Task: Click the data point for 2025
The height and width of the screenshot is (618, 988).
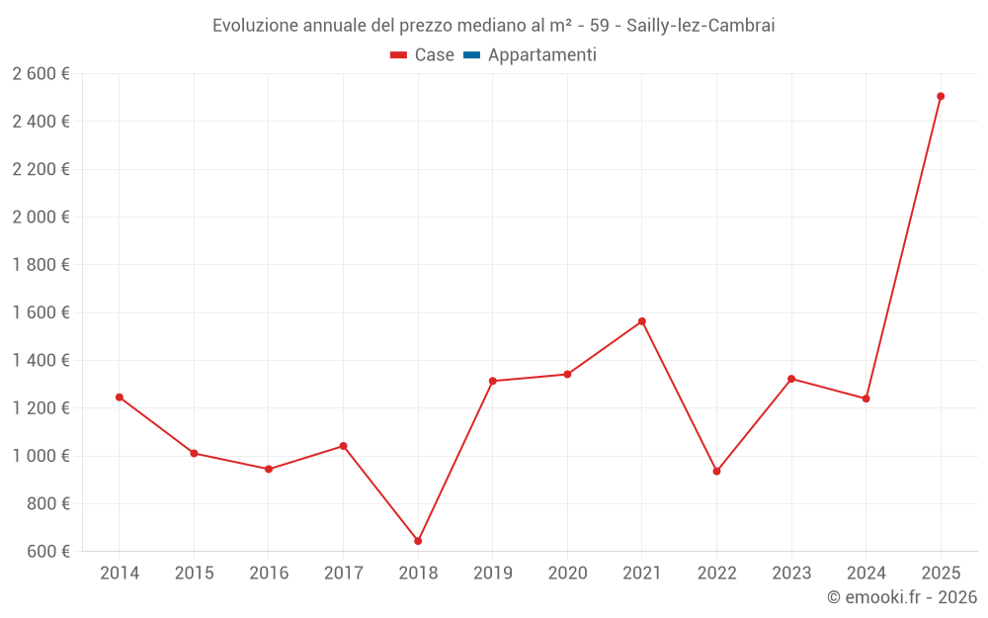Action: [941, 97]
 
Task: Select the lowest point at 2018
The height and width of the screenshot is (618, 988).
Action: [418, 541]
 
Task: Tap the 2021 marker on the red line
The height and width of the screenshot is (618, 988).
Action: [642, 321]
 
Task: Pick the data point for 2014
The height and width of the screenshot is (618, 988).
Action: [120, 397]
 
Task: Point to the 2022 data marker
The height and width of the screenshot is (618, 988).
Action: [716, 471]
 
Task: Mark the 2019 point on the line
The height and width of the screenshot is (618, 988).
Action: [493, 381]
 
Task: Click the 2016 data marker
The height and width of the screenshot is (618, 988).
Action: [269, 469]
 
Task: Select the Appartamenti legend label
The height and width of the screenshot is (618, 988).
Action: [541, 55]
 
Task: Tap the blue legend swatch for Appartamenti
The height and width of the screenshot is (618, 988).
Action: [471, 55]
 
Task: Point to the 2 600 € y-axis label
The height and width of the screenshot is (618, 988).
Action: [41, 74]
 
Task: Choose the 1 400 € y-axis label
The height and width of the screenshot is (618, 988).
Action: [41, 361]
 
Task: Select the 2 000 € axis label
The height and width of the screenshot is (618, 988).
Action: [41, 218]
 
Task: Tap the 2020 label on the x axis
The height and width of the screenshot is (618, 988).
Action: [567, 574]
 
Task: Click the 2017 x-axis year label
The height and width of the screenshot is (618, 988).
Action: [343, 574]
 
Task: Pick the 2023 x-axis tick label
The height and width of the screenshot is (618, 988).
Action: [791, 574]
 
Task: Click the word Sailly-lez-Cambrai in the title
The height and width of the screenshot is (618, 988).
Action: [700, 26]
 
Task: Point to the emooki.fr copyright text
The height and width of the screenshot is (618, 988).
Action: [902, 597]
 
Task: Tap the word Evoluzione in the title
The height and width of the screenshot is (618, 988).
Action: [254, 26]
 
